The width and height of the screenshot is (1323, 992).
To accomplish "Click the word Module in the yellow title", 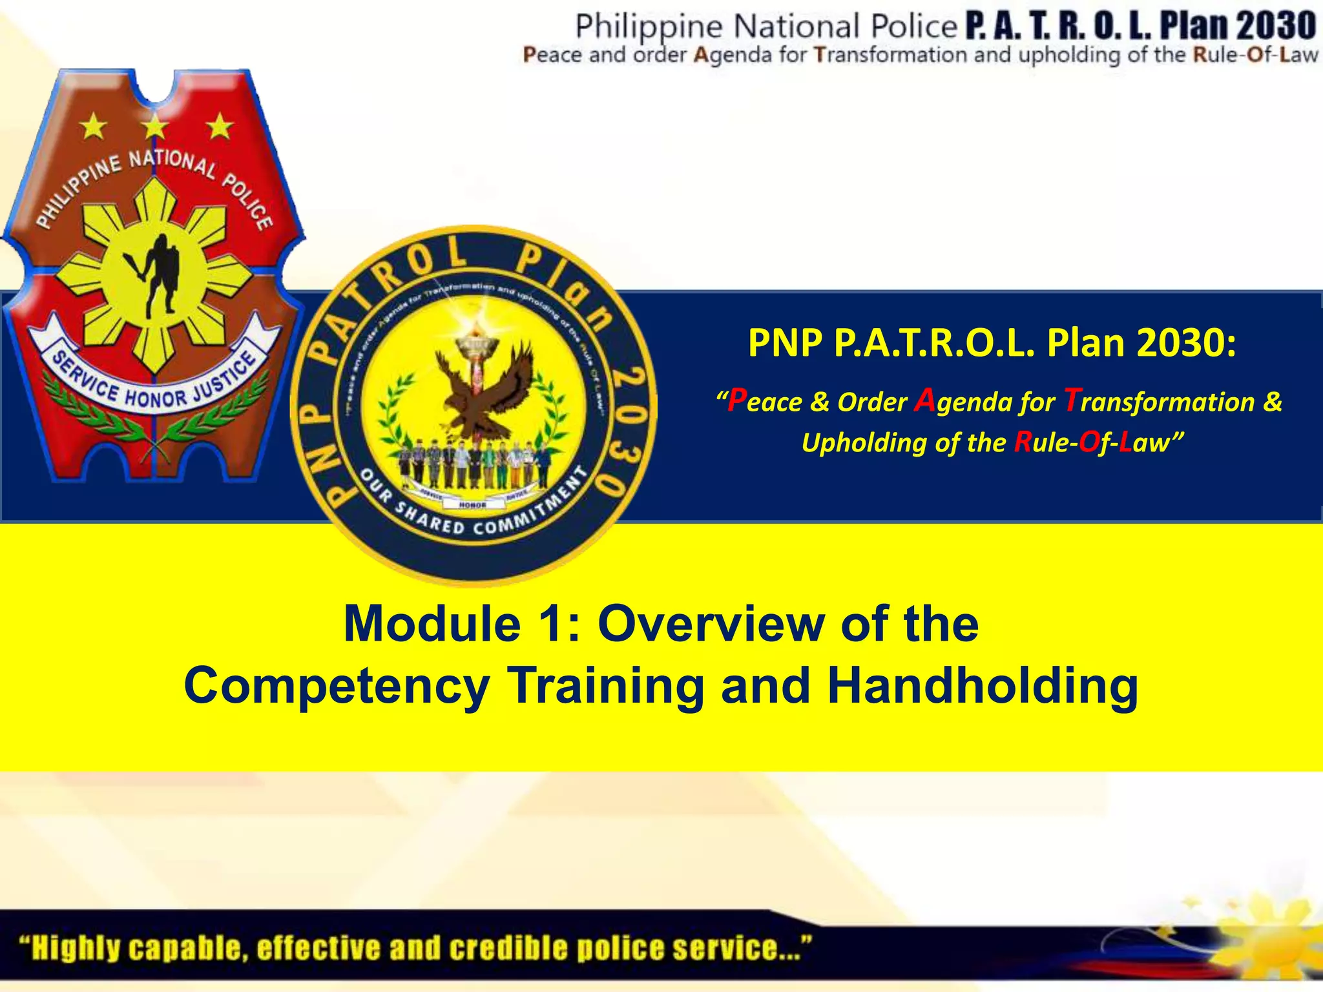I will pos(432,624).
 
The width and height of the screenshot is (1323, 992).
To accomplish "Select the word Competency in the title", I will pos(337,687).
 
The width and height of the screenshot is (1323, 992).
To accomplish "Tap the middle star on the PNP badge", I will pos(156,126).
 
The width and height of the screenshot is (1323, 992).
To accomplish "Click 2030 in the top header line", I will pos(1277,26).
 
